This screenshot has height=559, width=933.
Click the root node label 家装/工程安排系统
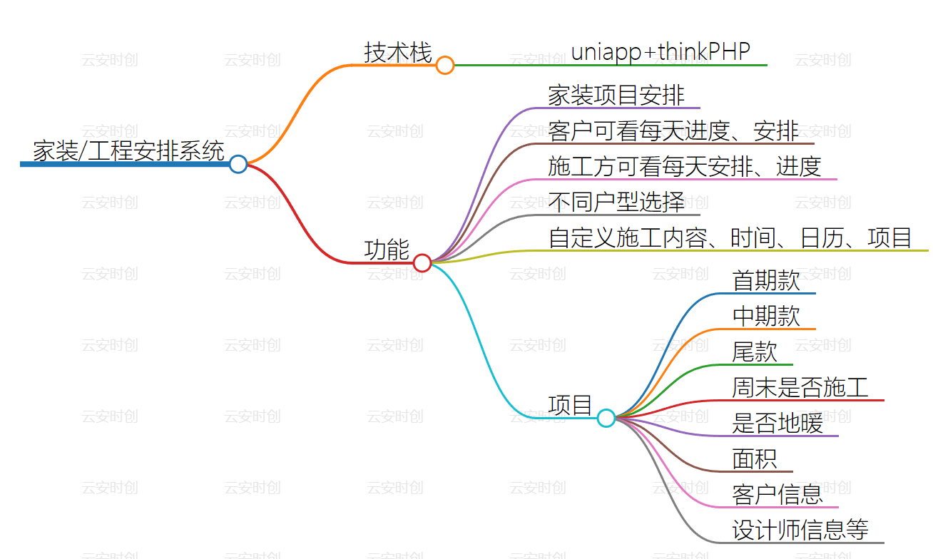coord(128,151)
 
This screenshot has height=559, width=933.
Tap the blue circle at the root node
coord(238,164)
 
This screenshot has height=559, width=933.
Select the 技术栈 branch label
coord(398,53)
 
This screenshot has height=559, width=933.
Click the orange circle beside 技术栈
coord(445,66)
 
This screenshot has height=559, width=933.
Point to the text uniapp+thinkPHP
coord(661,51)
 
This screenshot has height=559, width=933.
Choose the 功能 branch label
coord(387,250)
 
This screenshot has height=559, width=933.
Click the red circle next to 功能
coord(422,263)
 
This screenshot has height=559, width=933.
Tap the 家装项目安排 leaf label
coord(616,95)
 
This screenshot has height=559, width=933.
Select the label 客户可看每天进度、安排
coord(673,130)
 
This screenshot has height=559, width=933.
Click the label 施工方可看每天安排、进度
coord(685,166)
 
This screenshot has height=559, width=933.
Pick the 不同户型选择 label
coord(616,202)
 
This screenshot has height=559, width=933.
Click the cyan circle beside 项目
coord(606,418)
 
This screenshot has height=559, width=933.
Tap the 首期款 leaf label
coord(766,280)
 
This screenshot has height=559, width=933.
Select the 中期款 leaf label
coord(766,316)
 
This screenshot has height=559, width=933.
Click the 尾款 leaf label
coord(754,352)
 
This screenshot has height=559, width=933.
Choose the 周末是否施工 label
coord(800,387)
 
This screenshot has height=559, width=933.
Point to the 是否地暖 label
coord(777,423)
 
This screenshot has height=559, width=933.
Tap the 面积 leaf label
coord(754,458)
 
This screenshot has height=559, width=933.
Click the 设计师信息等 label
coord(800,530)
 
